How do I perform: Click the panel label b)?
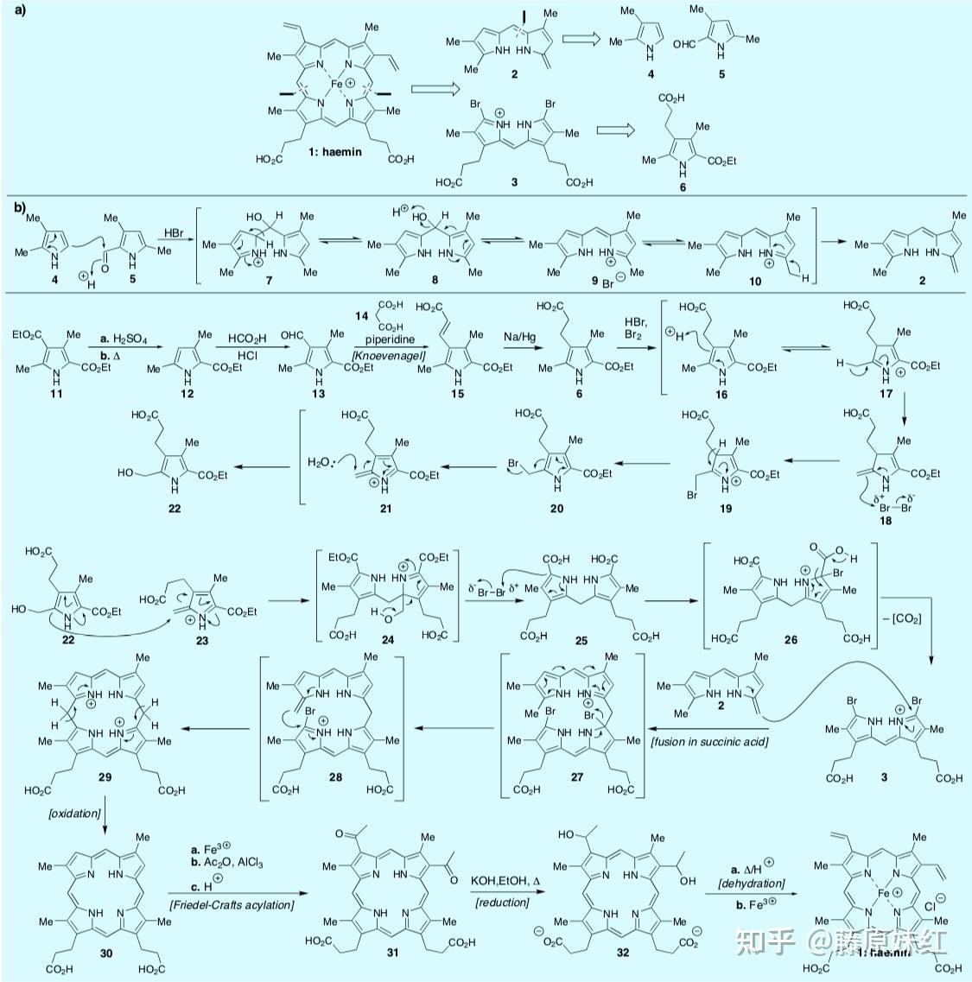pos(19,207)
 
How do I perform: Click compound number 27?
pos(576,776)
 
